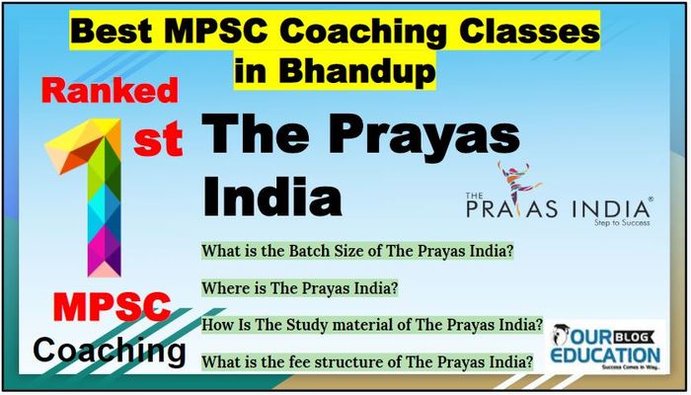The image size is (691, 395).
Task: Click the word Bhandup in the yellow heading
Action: (357, 70)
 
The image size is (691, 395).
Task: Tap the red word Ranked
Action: (110, 91)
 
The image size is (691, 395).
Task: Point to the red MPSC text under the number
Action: (112, 306)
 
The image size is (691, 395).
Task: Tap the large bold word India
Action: (271, 195)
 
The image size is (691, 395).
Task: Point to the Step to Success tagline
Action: (622, 222)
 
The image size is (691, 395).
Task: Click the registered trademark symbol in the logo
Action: (651, 199)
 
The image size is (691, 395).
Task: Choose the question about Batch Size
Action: (357, 251)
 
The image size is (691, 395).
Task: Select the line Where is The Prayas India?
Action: (300, 288)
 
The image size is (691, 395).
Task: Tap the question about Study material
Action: (372, 325)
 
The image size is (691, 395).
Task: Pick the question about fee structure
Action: (367, 362)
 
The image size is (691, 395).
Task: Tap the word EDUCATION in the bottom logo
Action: (605, 355)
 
